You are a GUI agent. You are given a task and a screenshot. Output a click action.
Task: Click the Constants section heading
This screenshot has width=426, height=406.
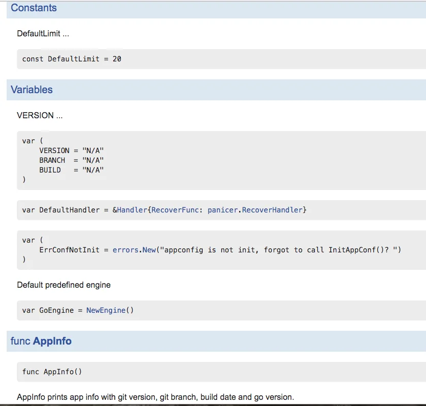34,8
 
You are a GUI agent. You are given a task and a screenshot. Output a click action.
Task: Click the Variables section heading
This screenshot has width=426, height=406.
32,90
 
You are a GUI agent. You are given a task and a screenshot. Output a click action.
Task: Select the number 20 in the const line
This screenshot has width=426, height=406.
117,59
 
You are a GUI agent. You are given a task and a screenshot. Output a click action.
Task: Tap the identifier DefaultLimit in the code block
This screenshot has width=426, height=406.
74,59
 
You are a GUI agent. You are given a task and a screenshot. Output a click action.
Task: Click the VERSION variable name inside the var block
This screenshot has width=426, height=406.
54,151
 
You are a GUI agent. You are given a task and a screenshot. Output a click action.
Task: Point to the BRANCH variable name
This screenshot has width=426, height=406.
52,160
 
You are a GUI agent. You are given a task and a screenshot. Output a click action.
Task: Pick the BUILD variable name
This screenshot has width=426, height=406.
50,170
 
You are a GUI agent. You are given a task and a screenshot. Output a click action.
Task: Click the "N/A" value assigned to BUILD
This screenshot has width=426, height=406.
93,170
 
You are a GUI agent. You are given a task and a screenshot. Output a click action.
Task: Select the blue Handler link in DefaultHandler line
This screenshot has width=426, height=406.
132,210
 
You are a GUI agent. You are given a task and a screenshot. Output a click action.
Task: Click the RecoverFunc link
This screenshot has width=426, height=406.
175,210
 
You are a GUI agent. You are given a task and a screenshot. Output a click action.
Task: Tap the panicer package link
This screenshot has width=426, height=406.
223,210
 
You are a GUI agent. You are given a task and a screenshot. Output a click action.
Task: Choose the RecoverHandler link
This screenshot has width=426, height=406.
272,210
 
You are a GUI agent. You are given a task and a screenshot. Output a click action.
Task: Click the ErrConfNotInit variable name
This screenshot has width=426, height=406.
69,250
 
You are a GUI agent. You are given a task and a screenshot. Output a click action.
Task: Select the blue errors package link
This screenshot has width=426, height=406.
125,250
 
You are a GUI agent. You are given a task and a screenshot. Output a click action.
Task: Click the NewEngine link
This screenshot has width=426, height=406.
106,310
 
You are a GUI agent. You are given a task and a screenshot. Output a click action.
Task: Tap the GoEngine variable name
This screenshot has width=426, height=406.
56,310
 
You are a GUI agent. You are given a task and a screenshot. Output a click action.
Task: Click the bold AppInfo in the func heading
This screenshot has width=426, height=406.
52,341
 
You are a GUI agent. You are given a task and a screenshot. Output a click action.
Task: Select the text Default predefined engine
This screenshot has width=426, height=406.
63,285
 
